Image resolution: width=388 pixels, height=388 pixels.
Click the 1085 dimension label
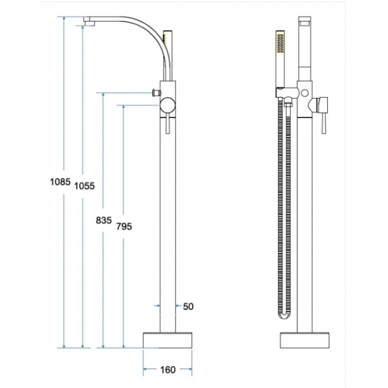(60, 182)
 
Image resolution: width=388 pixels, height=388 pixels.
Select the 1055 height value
(84, 186)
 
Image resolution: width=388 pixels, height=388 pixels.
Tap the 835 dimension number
(104, 220)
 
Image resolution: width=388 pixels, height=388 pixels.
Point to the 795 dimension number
(124, 226)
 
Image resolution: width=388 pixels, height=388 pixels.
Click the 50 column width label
(188, 307)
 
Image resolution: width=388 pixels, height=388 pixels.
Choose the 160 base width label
(168, 370)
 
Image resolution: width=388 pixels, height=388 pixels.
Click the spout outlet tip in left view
(89, 23)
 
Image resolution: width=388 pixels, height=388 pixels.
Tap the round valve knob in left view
(167, 105)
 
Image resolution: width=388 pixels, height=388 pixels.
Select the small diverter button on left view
(156, 93)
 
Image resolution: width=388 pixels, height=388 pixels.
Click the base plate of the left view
(167, 340)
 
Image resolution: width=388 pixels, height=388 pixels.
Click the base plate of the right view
(305, 340)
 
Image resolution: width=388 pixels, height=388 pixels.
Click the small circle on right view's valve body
(305, 93)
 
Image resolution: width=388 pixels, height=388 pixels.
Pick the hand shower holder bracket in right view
(287, 93)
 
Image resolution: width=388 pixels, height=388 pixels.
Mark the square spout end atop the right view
(305, 21)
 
